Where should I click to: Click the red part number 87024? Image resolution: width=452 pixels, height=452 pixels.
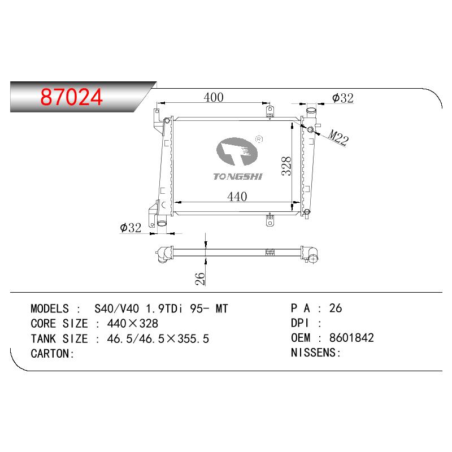tap(72, 97)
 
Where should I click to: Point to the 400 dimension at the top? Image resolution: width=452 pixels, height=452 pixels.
tap(214, 97)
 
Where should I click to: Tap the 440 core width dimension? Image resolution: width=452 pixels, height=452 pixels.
tap(237, 197)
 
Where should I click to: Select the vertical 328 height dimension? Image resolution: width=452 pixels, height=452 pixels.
tap(286, 166)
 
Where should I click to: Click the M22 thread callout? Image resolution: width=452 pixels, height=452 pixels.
tap(338, 137)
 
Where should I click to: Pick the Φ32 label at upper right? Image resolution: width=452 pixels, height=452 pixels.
tap(343, 98)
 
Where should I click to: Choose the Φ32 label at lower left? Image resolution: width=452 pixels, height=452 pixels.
tap(131, 228)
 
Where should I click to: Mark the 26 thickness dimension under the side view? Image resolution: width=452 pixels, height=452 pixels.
tap(200, 279)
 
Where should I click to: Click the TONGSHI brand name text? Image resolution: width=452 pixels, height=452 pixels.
tap(238, 176)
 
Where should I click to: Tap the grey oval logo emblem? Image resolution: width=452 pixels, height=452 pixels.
tap(237, 151)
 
